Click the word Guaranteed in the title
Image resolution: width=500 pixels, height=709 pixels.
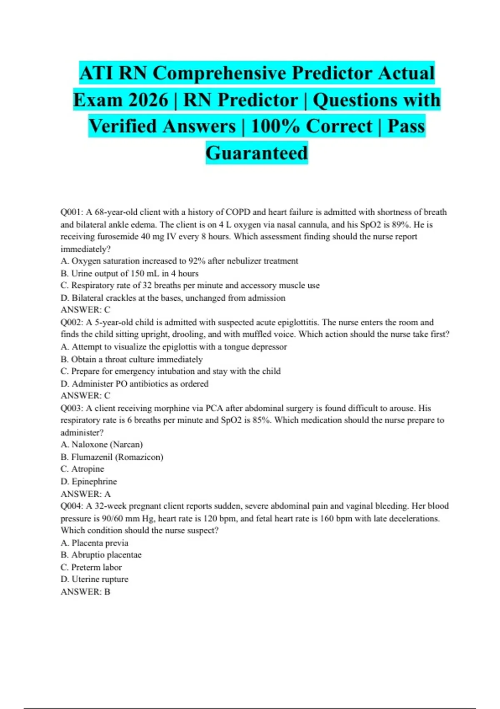[257, 153]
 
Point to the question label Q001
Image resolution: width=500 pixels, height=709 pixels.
[72, 212]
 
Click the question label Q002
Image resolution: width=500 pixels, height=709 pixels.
[72, 322]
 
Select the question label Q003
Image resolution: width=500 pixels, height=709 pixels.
[72, 408]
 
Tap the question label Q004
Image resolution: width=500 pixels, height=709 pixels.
[72, 506]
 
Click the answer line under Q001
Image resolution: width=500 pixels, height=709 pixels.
[85, 310]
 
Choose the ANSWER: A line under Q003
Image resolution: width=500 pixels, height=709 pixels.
[85, 494]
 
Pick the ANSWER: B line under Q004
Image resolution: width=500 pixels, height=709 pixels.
[85, 592]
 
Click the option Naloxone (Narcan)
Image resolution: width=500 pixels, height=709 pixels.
[107, 445]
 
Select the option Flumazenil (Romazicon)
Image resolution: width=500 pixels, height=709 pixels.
[117, 457]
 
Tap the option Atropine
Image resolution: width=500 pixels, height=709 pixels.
[87, 469]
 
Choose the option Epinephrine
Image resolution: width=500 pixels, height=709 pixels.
[94, 482]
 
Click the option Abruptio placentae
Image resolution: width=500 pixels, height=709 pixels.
[106, 555]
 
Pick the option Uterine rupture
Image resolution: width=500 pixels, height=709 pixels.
[100, 579]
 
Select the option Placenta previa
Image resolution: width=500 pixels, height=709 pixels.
[100, 543]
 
